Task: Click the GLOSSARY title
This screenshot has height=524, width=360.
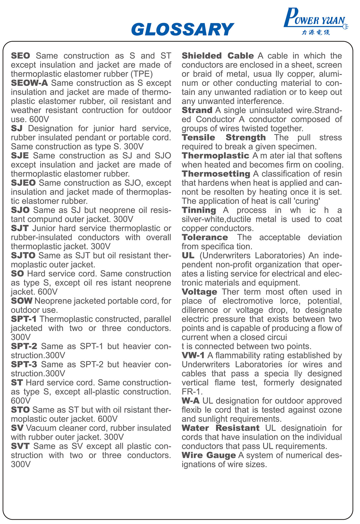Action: (x=182, y=29)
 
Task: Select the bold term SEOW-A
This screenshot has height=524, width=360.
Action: (x=29, y=83)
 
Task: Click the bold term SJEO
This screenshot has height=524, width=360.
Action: (x=23, y=183)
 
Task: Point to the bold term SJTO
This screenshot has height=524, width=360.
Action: (x=23, y=255)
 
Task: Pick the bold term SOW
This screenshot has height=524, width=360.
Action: (x=22, y=301)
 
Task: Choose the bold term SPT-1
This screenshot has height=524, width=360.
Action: (x=24, y=319)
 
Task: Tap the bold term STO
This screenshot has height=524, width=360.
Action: (x=20, y=410)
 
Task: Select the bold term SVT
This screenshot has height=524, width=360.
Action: (x=20, y=446)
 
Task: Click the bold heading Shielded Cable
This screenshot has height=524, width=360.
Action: (x=218, y=56)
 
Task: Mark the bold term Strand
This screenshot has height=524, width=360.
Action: (x=197, y=110)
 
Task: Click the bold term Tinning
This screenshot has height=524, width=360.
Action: (x=199, y=210)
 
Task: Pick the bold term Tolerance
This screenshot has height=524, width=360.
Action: (x=205, y=237)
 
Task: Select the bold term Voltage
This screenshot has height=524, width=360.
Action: (x=199, y=292)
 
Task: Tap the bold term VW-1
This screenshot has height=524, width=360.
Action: (x=193, y=356)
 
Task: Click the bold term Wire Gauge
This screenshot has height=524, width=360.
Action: (x=209, y=456)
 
